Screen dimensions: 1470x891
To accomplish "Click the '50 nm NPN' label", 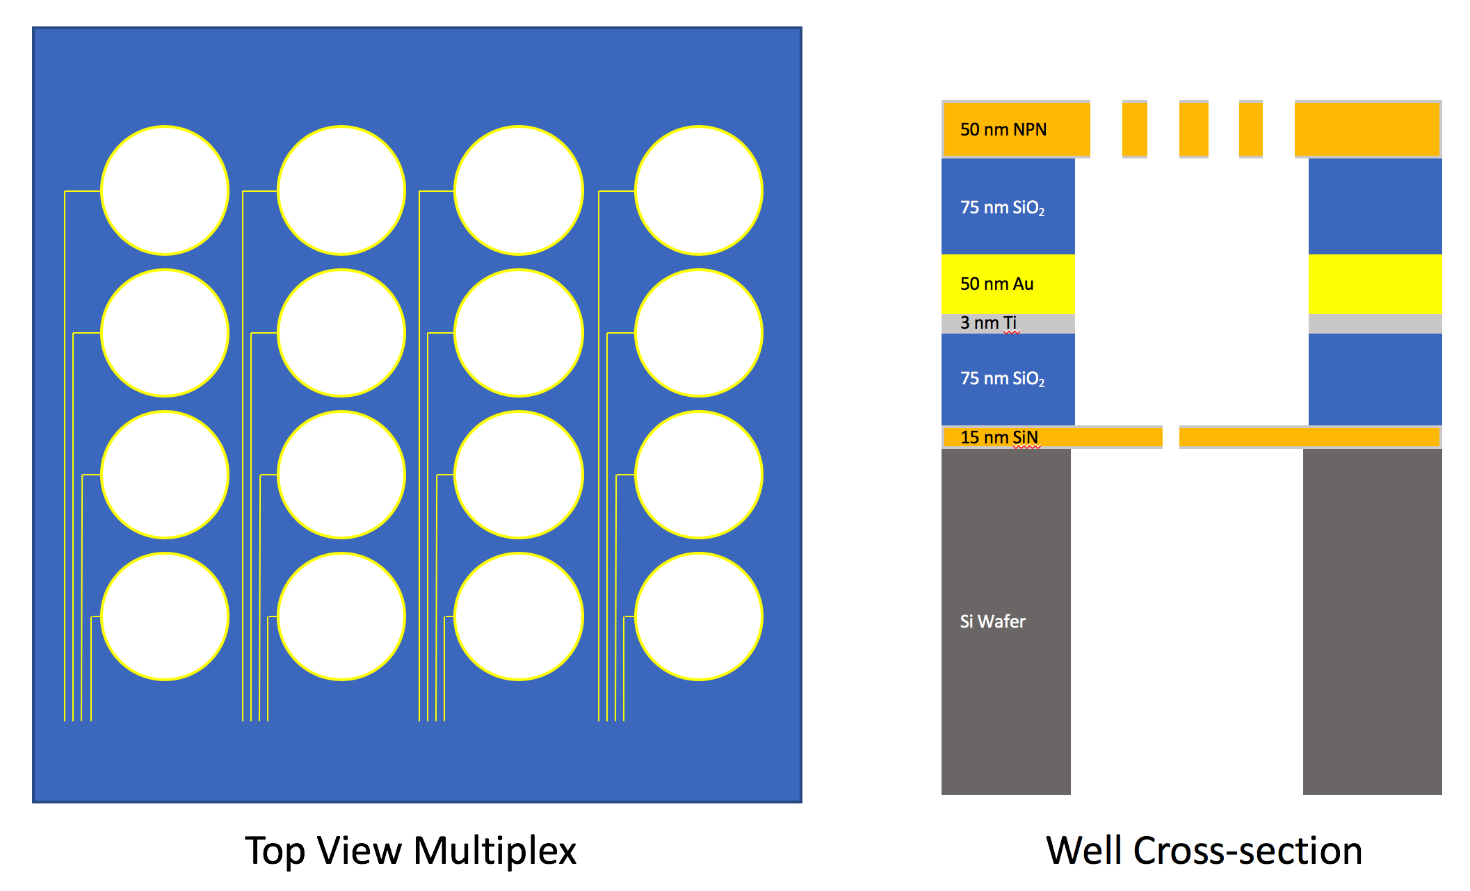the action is [1003, 129].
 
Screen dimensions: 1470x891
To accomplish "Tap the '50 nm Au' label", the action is [996, 284].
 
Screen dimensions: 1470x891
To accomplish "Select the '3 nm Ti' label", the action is [988, 322].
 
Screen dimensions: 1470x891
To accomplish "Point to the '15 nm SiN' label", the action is [999, 437].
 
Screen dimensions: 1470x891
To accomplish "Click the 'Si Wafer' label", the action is [992, 621].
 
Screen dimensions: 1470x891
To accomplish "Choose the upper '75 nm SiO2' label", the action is [1002, 208].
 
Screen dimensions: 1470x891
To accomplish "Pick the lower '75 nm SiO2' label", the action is [1002, 379].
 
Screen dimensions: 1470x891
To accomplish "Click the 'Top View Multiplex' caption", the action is [410, 851].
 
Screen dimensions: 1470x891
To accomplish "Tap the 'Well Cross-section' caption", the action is [1204, 851].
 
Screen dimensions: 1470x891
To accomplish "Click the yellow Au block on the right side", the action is [1375, 284].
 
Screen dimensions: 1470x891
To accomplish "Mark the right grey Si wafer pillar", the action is [1372, 622].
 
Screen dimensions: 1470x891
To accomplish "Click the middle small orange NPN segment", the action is [1193, 129].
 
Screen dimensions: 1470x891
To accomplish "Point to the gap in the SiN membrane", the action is [1171, 437].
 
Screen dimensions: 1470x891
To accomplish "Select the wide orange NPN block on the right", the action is [1368, 129].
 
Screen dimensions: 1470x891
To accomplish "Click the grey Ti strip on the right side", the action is [1375, 324].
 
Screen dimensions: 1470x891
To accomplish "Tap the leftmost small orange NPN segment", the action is [1134, 129].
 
